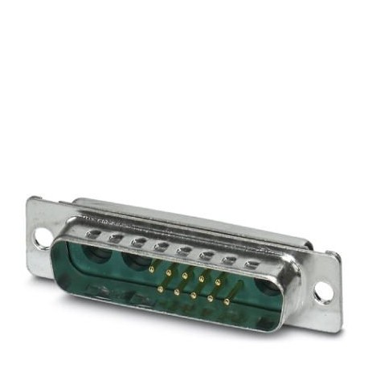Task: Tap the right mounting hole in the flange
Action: [323, 292]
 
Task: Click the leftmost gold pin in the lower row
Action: [160, 288]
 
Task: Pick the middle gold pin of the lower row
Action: [194, 295]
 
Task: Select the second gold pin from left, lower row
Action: [177, 291]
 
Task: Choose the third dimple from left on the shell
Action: [139, 241]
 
